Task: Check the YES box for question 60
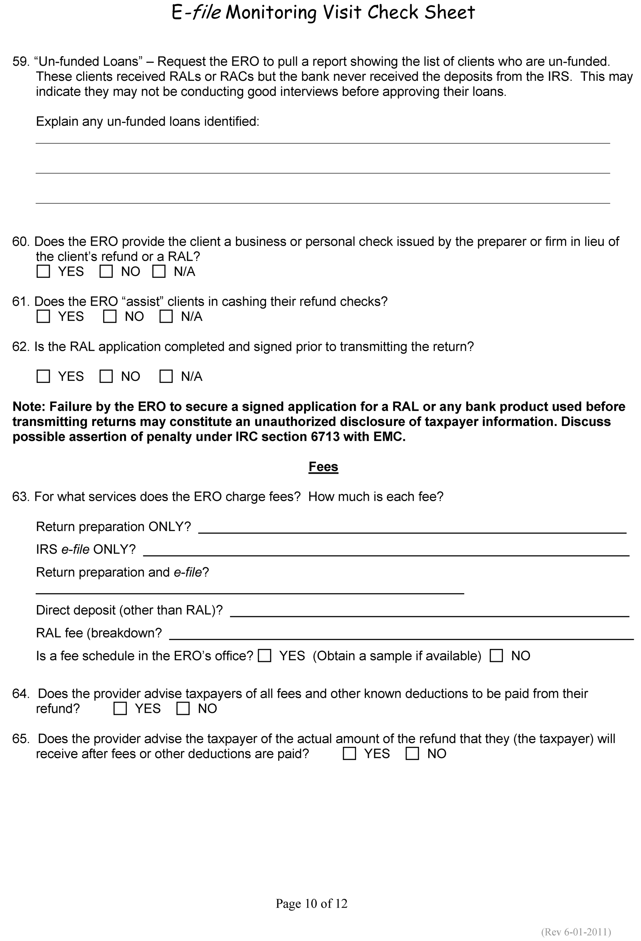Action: (x=43, y=271)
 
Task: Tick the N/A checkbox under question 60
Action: (x=159, y=271)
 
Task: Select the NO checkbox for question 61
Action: (x=110, y=316)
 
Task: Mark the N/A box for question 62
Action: (x=166, y=376)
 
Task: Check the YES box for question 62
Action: (x=43, y=376)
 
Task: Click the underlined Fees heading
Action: (x=323, y=467)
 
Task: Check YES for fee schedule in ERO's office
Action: (x=265, y=656)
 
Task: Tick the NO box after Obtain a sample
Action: (x=496, y=656)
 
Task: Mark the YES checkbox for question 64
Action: (x=120, y=708)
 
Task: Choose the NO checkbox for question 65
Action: (x=412, y=754)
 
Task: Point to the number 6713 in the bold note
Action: (x=325, y=437)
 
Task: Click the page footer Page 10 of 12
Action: (x=312, y=903)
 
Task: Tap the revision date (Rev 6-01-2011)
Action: (x=576, y=932)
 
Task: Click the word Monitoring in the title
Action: (x=271, y=13)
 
